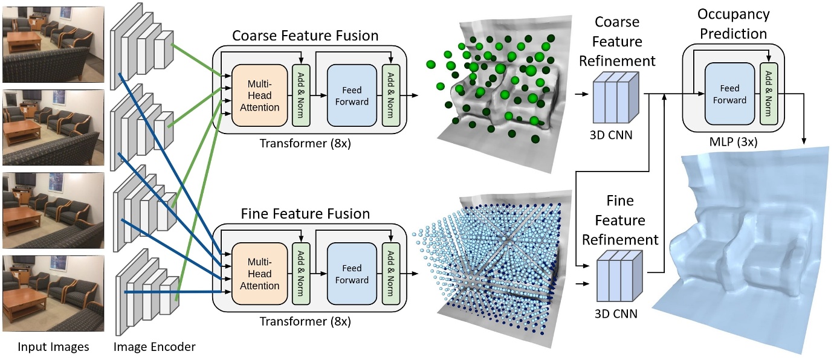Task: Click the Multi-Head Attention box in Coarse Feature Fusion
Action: point(259,95)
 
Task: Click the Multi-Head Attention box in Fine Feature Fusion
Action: point(259,274)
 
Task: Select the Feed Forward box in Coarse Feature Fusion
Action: point(351,95)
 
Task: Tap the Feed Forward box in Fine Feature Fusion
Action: point(351,274)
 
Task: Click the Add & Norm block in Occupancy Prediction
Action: point(769,94)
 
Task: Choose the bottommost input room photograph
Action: point(53,294)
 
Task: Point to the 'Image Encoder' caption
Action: point(154,347)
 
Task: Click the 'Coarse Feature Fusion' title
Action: point(305,36)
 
